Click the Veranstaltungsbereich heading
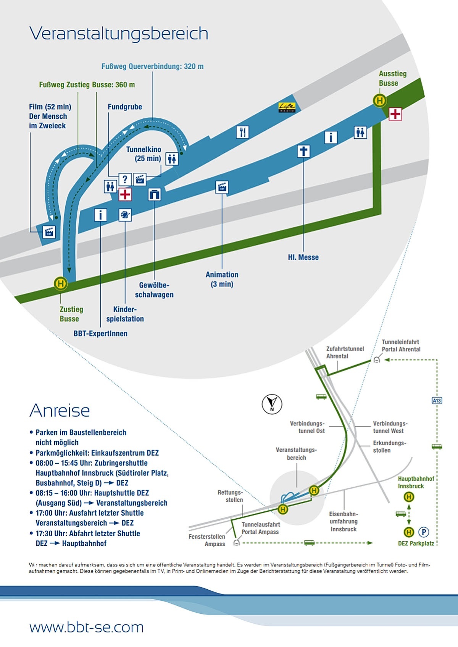click(x=119, y=34)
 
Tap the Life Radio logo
click(x=287, y=107)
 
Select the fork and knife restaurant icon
click(x=242, y=132)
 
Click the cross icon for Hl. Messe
click(x=303, y=151)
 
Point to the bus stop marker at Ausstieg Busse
click(x=379, y=101)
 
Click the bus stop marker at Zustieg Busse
click(x=60, y=283)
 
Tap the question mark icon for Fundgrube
click(x=125, y=179)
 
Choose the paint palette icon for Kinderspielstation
click(x=125, y=215)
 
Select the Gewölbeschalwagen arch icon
click(x=154, y=194)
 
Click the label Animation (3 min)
click(x=222, y=279)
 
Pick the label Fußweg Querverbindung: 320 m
click(x=152, y=66)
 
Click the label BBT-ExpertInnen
click(x=100, y=333)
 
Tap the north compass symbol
click(x=272, y=404)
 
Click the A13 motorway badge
click(x=437, y=401)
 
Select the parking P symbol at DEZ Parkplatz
click(x=424, y=532)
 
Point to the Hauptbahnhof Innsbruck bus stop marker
click(x=409, y=497)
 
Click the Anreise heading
click(x=60, y=411)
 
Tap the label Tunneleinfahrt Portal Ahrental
click(x=401, y=346)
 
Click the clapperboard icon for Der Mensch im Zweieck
click(x=49, y=232)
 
